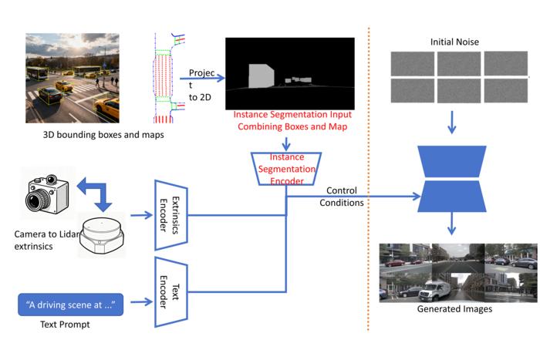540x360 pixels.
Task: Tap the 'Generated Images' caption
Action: click(x=454, y=309)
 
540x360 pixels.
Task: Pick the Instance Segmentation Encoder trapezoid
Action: click(x=286, y=168)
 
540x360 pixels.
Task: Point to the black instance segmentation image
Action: click(x=286, y=73)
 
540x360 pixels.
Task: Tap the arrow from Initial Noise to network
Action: click(x=451, y=121)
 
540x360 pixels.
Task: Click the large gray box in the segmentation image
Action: click(x=260, y=76)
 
